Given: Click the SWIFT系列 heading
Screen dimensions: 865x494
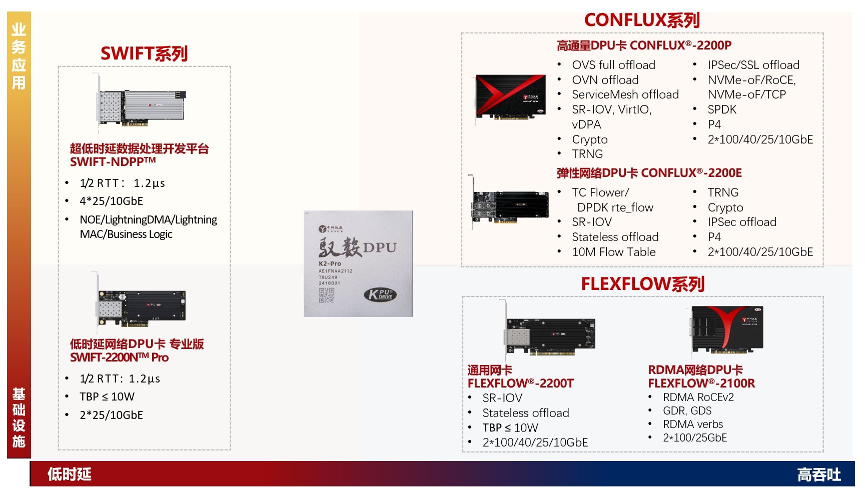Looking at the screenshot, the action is (144, 53).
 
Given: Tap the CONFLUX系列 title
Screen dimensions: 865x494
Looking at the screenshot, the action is (642, 20).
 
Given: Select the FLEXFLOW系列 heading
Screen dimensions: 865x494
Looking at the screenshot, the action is (642, 284).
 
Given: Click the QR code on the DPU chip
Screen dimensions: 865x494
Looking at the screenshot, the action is (326, 295).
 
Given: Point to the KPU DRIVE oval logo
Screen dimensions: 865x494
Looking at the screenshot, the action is (380, 294).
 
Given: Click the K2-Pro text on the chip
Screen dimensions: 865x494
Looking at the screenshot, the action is (330, 263).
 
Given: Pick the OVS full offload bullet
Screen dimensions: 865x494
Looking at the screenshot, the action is (613, 65).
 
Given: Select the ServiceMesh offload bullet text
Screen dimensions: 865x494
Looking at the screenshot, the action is (625, 94).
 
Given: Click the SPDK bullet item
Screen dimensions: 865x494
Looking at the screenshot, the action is (722, 109).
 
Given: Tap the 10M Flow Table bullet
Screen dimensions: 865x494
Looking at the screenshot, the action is (614, 252).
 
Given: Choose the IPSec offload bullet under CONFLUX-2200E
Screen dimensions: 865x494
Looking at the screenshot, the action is (742, 222).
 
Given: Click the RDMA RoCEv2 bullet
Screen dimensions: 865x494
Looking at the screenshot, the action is (698, 397).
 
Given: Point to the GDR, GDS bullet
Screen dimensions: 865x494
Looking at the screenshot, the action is (687, 411).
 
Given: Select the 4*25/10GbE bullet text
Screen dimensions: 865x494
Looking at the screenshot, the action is (111, 201).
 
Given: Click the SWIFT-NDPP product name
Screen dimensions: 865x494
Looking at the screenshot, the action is (113, 161).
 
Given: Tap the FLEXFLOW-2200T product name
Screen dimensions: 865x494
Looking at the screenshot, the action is (520, 383).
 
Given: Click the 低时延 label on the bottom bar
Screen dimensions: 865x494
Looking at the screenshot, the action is (69, 474).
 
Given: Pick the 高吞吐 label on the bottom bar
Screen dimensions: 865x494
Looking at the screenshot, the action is (818, 474).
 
